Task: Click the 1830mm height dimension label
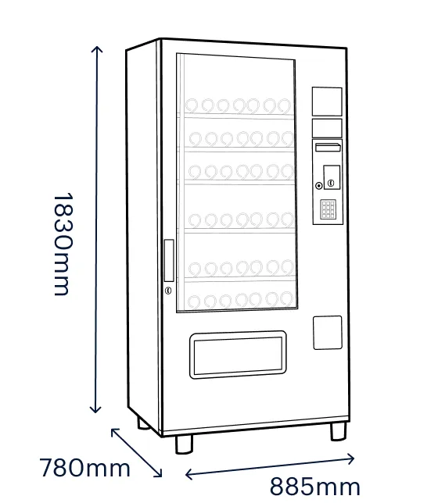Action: tap(63, 244)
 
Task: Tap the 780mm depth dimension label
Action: tap(84, 468)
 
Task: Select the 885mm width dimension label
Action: tap(315, 487)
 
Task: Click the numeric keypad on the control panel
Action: tap(328, 209)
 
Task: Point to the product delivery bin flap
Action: tap(238, 355)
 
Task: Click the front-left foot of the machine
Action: tap(184, 444)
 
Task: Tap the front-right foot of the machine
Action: tap(339, 431)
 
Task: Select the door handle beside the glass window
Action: tap(169, 261)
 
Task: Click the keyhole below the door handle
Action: tap(168, 291)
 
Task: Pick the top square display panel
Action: tap(327, 102)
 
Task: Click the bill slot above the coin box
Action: tap(328, 148)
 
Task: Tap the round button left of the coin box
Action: tap(319, 186)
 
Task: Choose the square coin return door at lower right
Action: tap(328, 333)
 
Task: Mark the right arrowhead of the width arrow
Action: tap(354, 458)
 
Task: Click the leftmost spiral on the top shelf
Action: tap(192, 105)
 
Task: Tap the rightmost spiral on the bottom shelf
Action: tap(286, 299)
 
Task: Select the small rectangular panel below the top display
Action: tap(327, 128)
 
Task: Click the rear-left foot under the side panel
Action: tap(143, 423)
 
